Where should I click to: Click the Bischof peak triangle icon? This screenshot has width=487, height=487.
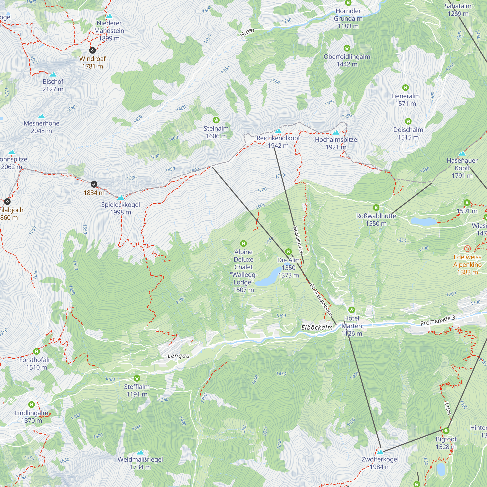point(53,75)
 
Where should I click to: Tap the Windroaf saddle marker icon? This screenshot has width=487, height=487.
point(93,50)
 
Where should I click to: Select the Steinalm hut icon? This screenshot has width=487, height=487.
point(216,120)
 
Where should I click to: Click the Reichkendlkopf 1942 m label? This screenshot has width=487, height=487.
point(278,142)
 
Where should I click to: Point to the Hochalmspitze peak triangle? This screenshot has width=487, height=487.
point(336,133)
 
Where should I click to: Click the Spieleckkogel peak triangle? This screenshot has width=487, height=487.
point(121,197)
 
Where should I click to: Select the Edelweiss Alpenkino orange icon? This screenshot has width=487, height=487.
point(467,249)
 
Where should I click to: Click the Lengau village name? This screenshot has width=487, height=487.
point(178,356)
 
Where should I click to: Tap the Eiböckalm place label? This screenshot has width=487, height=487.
point(317,328)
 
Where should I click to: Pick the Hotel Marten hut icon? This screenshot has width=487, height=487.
point(351,310)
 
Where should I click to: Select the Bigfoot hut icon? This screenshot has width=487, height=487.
point(446,431)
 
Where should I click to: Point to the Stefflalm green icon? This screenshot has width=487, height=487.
point(137,378)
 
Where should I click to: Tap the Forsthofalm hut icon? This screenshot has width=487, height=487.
point(36,351)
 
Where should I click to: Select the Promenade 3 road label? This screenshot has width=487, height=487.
point(438,320)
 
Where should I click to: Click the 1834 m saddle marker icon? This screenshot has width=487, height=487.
point(94,184)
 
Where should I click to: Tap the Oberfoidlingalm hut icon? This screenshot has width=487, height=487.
point(347,48)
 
